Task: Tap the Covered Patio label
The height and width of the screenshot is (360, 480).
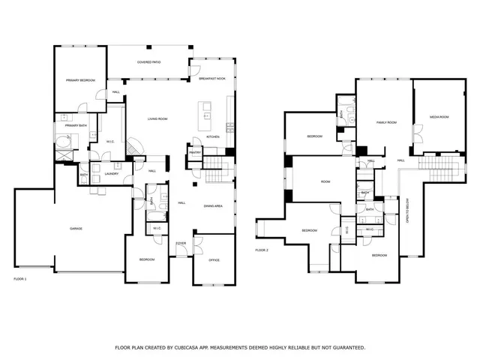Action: click(150, 61)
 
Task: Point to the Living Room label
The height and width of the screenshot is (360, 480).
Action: click(157, 119)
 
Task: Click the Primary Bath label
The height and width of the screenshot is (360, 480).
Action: click(76, 126)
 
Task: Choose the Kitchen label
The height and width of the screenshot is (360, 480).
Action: click(213, 137)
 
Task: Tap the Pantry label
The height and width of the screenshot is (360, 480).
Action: click(195, 153)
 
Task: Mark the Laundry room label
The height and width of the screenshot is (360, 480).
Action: click(112, 174)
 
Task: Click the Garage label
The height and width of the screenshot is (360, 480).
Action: click(76, 228)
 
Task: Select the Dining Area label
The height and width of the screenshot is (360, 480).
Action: click(214, 205)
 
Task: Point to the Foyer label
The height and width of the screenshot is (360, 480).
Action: click(181, 244)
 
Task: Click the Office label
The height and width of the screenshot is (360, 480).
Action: click(214, 259)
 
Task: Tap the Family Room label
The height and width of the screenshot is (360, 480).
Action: click(385, 121)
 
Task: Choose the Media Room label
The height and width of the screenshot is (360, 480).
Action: click(439, 117)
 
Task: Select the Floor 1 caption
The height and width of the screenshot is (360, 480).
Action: click(20, 279)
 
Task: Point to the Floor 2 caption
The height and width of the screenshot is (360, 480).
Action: click(262, 250)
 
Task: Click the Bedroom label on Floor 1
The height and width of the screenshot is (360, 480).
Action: click(146, 259)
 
